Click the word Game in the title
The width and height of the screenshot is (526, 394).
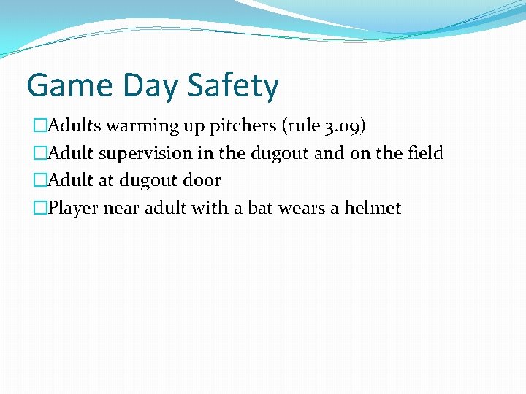(65, 85)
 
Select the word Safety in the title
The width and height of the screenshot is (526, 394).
(233, 87)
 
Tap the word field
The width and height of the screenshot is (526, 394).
(425, 153)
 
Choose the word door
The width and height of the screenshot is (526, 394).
(201, 180)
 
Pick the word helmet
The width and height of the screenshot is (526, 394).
(373, 208)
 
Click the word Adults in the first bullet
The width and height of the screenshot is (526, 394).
(76, 125)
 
